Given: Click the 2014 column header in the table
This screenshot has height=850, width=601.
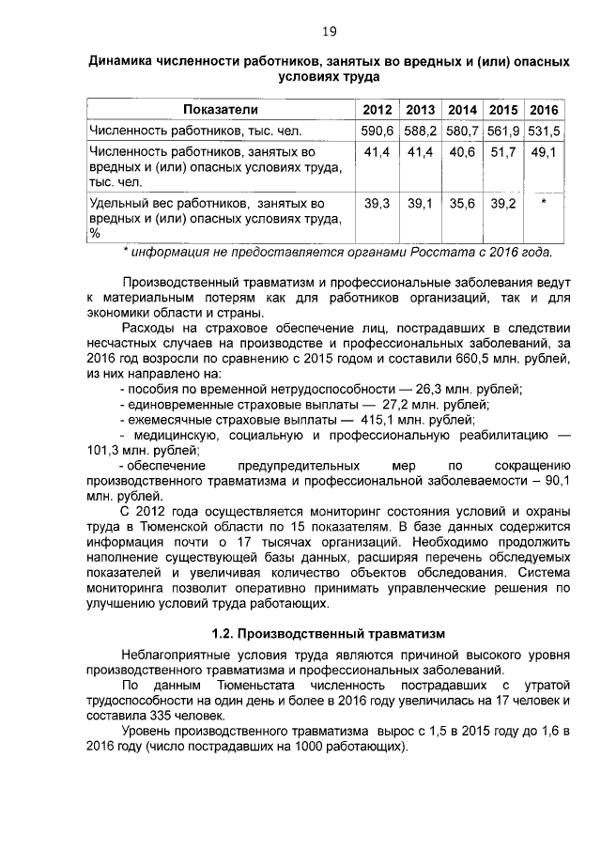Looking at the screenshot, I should tap(461, 110).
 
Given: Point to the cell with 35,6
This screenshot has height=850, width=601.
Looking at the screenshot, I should tap(461, 202).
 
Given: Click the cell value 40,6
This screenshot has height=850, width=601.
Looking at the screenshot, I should tap(461, 150).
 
